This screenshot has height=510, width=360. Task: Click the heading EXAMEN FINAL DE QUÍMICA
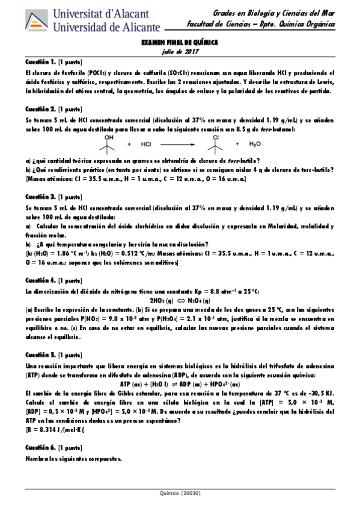(179, 43)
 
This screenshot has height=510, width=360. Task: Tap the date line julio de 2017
(179, 52)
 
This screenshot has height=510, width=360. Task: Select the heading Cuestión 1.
(40, 63)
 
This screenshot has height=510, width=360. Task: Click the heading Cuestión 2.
(40, 109)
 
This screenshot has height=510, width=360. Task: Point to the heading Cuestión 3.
(40, 197)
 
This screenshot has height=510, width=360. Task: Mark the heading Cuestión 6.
(40, 448)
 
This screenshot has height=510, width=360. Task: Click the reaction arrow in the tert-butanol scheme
(182, 144)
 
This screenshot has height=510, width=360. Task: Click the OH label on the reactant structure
(109, 137)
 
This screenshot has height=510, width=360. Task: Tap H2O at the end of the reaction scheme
(255, 144)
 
